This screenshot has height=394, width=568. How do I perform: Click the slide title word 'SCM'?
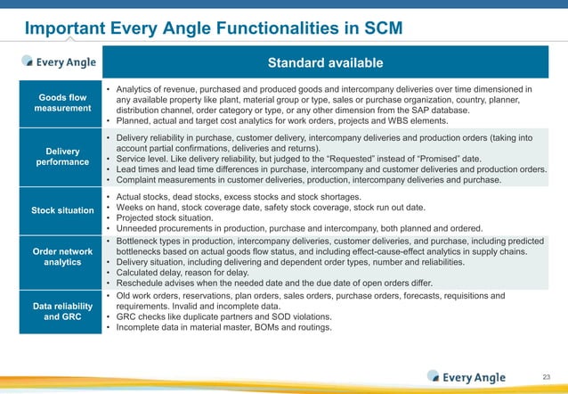click(x=377, y=29)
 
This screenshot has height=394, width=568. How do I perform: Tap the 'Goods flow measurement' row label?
click(x=61, y=103)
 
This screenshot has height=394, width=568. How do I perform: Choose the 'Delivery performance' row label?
click(x=61, y=157)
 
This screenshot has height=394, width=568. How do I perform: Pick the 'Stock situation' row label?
click(x=61, y=210)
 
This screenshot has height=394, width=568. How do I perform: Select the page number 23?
click(x=546, y=377)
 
